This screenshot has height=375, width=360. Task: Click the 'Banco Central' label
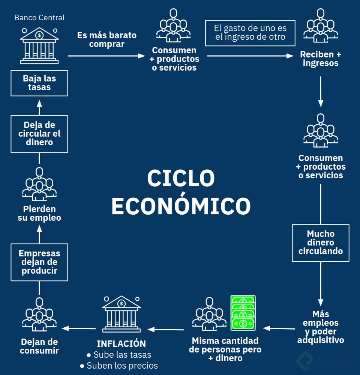[x=39, y=18]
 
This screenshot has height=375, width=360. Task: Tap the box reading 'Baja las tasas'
[x=39, y=83]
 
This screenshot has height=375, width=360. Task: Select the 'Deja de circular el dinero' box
[x=39, y=134]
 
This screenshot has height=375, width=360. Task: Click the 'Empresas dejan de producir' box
[x=39, y=262]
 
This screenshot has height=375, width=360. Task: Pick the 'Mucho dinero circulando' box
[x=321, y=243]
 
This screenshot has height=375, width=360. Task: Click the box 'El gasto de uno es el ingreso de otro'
[x=250, y=33]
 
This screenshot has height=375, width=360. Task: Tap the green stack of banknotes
[x=243, y=313]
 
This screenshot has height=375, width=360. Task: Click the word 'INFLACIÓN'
[x=121, y=343]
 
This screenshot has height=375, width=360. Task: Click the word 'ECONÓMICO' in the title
[x=181, y=206]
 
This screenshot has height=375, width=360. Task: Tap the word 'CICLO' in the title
[x=181, y=178]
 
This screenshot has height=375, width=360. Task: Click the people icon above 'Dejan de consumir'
[x=39, y=315]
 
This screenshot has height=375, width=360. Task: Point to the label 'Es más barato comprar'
[x=107, y=39]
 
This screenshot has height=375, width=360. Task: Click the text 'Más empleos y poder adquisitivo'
[x=321, y=327]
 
